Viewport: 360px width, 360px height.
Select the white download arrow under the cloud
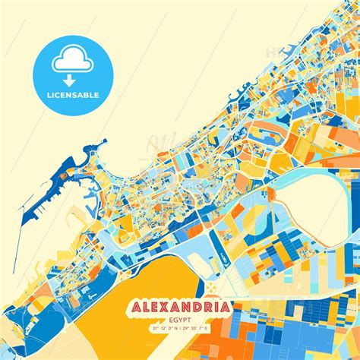[x=70, y=78]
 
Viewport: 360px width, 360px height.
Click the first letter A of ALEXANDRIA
[x=139, y=308]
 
